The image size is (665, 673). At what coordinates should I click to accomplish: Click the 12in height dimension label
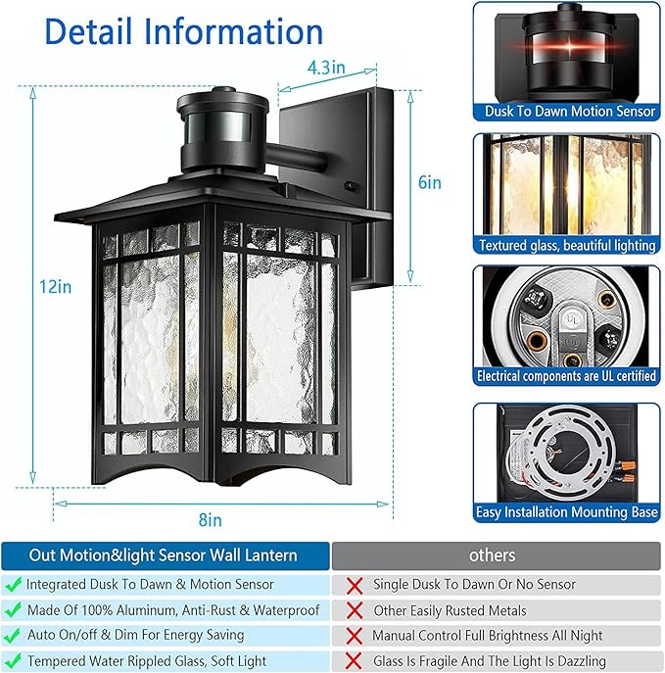[36, 287]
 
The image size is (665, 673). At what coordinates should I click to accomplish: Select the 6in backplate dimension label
[429, 182]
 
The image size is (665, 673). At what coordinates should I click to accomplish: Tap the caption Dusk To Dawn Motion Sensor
[570, 112]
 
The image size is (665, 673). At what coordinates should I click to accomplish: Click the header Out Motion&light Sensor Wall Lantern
[164, 555]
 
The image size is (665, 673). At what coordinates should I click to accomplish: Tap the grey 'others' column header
[492, 555]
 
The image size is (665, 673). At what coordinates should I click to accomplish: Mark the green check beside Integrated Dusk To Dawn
[14, 584]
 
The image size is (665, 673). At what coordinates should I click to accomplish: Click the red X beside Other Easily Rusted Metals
[354, 610]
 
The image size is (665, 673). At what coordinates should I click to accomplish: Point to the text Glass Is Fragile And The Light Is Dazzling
[490, 661]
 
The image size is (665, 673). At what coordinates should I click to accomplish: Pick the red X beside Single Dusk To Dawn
[354, 585]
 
